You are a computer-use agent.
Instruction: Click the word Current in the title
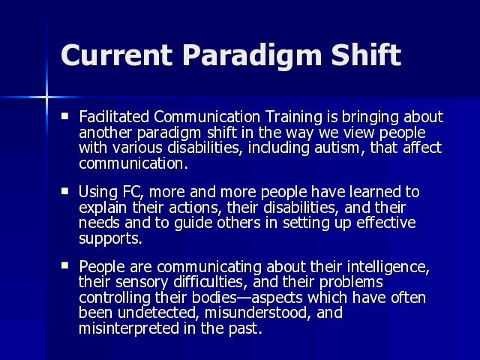116,55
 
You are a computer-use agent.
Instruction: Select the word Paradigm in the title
252,57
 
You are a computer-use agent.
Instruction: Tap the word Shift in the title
366,54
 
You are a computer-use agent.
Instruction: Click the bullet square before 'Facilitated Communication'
65,116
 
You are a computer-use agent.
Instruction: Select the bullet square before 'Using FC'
65,191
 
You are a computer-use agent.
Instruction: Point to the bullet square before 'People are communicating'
65,265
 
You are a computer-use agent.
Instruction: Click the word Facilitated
114,117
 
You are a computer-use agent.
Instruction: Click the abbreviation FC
132,192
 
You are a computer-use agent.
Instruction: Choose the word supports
109,239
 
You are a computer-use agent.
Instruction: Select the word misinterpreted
129,329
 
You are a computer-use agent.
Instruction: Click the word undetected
157,313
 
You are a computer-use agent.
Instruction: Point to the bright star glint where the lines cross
46,97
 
